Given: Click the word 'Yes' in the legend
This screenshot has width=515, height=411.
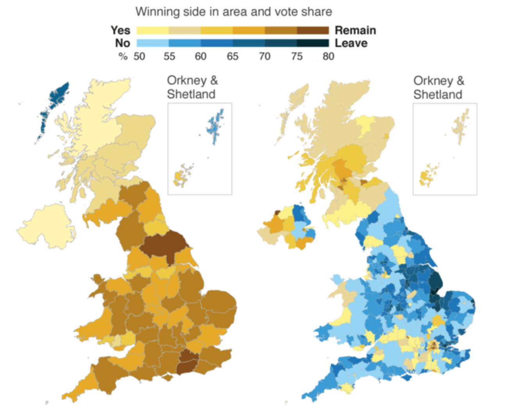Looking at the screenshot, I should pyautogui.click(x=120, y=30).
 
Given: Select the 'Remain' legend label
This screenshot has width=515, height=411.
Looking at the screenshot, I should pyautogui.click(x=355, y=30).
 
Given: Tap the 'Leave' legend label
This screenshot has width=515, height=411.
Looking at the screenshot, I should pyautogui.click(x=351, y=43).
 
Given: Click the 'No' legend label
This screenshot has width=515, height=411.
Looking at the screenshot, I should pyautogui.click(x=122, y=43).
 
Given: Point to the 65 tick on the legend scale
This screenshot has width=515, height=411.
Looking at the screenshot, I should pyautogui.click(x=232, y=57).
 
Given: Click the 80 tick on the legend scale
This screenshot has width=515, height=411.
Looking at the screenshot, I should pyautogui.click(x=328, y=57).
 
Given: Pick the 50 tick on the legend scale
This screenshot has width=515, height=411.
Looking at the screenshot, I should pyautogui.click(x=139, y=57).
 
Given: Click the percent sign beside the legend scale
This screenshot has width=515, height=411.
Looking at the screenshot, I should pyautogui.click(x=123, y=57).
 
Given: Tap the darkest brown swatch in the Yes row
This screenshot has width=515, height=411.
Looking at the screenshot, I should pyautogui.click(x=313, y=30).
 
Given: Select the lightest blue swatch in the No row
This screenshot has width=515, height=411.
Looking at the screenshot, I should pyautogui.click(x=152, y=43).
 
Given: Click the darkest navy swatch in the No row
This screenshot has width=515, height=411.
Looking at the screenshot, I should pyautogui.click(x=313, y=43).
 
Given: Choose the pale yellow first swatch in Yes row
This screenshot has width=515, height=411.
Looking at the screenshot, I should pyautogui.click(x=152, y=30).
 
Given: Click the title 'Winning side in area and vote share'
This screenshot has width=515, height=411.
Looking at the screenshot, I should pyautogui.click(x=234, y=12).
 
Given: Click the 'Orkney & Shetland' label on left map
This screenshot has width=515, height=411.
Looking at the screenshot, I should pyautogui.click(x=192, y=87).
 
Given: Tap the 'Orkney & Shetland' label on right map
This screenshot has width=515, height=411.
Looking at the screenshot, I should pyautogui.click(x=438, y=88).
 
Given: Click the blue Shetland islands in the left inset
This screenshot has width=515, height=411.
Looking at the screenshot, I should pyautogui.click(x=215, y=125).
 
